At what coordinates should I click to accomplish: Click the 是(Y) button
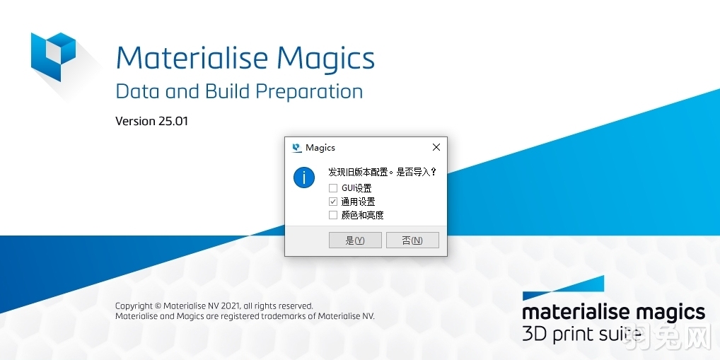tap(355, 240)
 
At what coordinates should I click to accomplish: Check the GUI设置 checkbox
tap(333, 188)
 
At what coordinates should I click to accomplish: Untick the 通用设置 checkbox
tap(333, 202)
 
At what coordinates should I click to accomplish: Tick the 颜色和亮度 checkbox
tap(333, 215)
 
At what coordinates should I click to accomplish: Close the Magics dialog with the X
tap(436, 147)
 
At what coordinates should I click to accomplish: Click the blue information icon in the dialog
tap(304, 177)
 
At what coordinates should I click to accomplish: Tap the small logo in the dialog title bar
tap(296, 148)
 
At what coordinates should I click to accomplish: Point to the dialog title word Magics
tap(320, 148)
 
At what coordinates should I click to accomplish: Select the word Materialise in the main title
tap(191, 58)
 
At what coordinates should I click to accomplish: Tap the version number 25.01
tap(173, 121)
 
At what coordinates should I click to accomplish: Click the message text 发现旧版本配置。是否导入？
tap(383, 172)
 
